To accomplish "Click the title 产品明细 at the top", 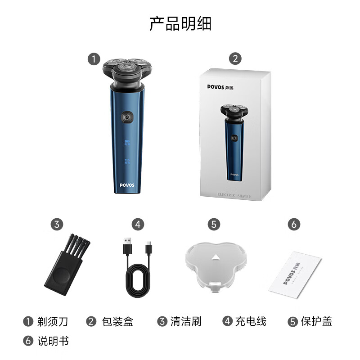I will pyautogui.click(x=180, y=23).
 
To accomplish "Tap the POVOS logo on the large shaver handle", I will pyautogui.click(x=127, y=184).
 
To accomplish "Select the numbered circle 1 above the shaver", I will pyautogui.click(x=94, y=59).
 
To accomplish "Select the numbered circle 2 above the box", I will pyautogui.click(x=235, y=59).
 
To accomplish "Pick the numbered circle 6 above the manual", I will pyautogui.click(x=293, y=224).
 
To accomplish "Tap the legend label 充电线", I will pyautogui.click(x=251, y=321).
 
